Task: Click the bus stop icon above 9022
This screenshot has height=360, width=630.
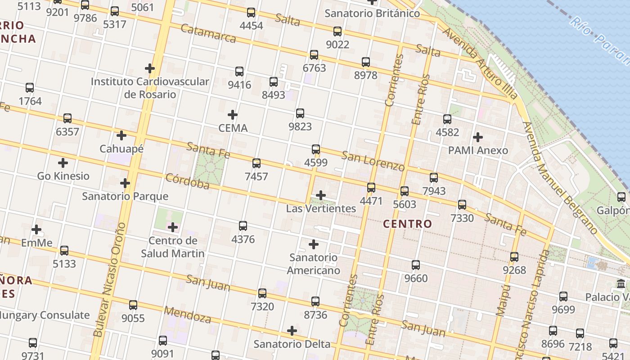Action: [337, 31]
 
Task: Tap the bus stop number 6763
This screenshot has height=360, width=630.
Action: [314, 68]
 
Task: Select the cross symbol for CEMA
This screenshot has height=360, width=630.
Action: [233, 115]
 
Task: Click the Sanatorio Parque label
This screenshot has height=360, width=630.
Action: [125, 196]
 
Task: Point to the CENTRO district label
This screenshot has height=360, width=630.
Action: [407, 224]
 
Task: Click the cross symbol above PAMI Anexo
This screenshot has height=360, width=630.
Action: [478, 137]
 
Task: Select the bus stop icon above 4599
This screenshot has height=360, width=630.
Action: [316, 149]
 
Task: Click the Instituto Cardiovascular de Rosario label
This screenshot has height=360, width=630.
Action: [150, 88]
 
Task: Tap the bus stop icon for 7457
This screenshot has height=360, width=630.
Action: [256, 163]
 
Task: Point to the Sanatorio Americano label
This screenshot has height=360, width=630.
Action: [314, 264]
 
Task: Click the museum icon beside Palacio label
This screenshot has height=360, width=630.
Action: [621, 284]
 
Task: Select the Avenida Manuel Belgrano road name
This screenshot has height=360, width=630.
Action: [560, 178]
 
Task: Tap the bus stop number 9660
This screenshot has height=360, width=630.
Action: [416, 278]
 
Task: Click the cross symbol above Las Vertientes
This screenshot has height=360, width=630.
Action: [321, 195]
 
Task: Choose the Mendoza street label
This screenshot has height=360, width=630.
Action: [188, 315]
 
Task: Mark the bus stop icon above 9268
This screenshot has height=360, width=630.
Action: [514, 257]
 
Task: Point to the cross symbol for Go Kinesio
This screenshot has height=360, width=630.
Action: [63, 163]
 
